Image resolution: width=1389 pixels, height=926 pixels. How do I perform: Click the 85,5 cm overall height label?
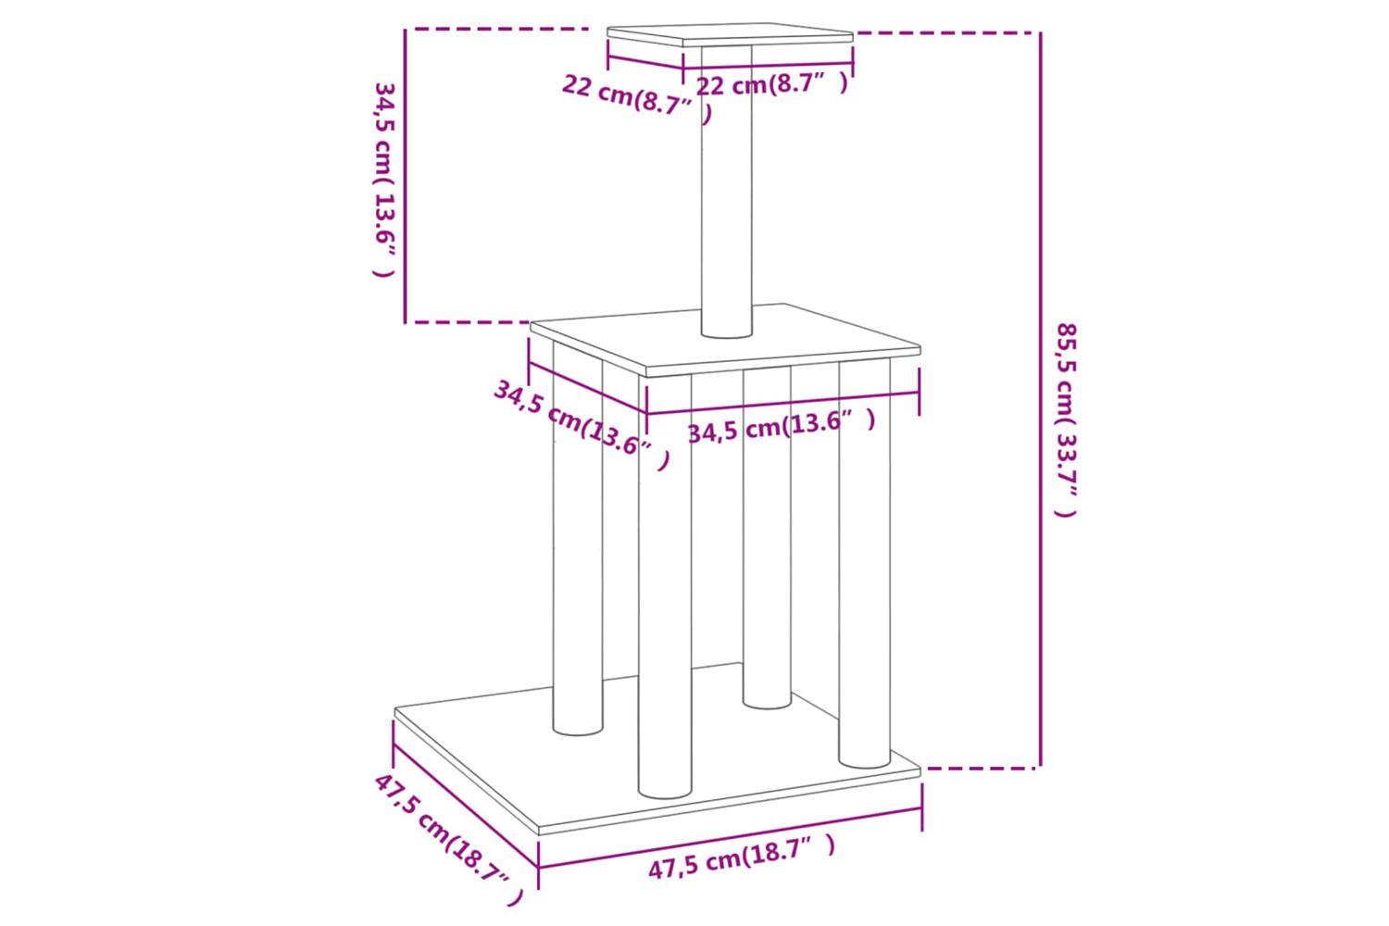click(1067, 419)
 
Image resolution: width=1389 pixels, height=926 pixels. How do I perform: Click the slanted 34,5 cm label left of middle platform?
click(582, 425)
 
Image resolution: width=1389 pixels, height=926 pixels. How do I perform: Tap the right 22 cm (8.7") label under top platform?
click(771, 84)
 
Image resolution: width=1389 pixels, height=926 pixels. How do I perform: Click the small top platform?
click(730, 35)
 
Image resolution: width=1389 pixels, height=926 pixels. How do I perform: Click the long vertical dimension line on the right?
click(1041, 400)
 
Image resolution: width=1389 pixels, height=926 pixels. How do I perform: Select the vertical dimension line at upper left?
click(405, 176)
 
